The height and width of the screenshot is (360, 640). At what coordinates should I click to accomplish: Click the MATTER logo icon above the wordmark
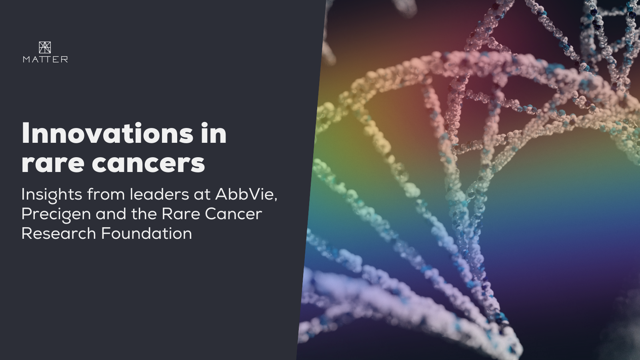click(x=45, y=47)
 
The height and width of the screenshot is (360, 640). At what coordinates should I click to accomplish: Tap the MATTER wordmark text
click(x=45, y=60)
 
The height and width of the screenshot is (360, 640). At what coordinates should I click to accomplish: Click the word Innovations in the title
click(x=107, y=134)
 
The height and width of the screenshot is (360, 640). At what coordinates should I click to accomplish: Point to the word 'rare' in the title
click(x=52, y=163)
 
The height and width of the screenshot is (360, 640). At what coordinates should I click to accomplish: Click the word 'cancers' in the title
click(x=148, y=163)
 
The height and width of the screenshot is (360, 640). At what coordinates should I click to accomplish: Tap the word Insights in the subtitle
click(x=52, y=194)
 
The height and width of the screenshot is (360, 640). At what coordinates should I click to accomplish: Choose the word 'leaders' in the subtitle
click(x=159, y=194)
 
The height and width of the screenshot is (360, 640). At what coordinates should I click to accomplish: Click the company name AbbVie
click(x=245, y=194)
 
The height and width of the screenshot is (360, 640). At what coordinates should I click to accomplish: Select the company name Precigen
click(x=56, y=214)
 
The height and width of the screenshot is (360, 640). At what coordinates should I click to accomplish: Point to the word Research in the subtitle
click(x=58, y=234)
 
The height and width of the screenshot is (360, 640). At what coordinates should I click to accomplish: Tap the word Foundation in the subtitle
click(x=146, y=234)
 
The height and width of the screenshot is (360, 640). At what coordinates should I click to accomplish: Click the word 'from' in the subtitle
click(x=106, y=194)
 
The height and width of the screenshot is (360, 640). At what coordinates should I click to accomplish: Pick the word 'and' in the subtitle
click(x=111, y=214)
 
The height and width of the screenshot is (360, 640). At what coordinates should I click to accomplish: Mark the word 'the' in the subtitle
click(x=144, y=214)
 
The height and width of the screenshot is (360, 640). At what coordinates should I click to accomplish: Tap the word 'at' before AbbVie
click(x=202, y=195)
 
